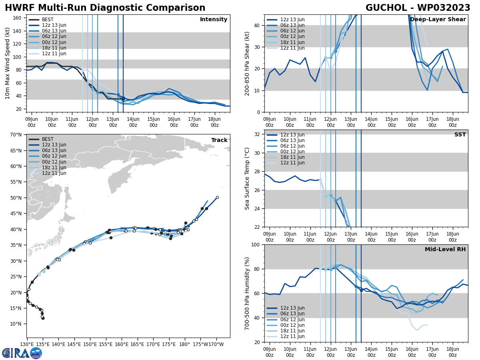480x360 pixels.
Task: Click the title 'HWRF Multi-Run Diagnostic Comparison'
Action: click(105, 8)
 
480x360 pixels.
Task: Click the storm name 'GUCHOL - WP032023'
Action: click(418, 8)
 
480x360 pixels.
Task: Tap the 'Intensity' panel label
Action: click(214, 20)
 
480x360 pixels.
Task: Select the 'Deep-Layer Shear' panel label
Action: click(438, 20)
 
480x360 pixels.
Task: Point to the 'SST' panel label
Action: click(460, 135)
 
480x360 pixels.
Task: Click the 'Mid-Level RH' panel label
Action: click(445, 250)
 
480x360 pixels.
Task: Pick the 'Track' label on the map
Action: click(219, 140)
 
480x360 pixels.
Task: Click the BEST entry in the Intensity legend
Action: click(48, 20)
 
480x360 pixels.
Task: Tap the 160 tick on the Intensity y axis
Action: click(18, 18)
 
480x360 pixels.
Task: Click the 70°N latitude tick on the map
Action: click(16, 135)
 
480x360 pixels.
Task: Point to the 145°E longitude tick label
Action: click(58, 344)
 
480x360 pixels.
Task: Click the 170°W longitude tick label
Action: click(216, 344)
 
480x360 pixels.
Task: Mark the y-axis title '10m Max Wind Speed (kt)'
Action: click(8, 63)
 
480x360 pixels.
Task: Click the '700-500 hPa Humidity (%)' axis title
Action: click(248, 293)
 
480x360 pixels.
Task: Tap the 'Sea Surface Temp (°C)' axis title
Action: click(248, 178)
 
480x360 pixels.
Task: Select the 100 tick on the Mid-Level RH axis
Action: click(256, 244)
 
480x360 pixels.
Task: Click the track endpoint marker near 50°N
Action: click(217, 197)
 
